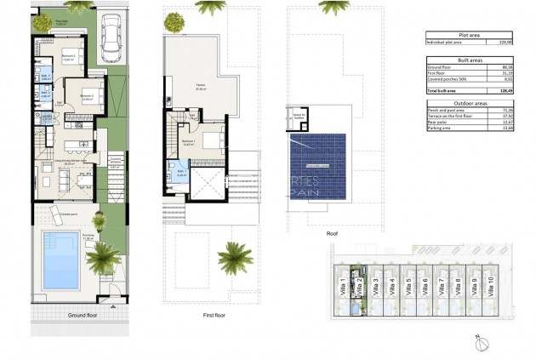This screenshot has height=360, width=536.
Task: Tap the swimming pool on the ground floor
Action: coord(61,260)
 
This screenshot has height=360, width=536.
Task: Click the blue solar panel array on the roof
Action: coord(318,165)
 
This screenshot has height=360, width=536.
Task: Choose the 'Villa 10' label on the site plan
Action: coord(490,285)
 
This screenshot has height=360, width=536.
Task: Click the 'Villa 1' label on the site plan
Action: coord(343,285)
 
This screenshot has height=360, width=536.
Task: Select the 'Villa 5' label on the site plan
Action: coord(408,285)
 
